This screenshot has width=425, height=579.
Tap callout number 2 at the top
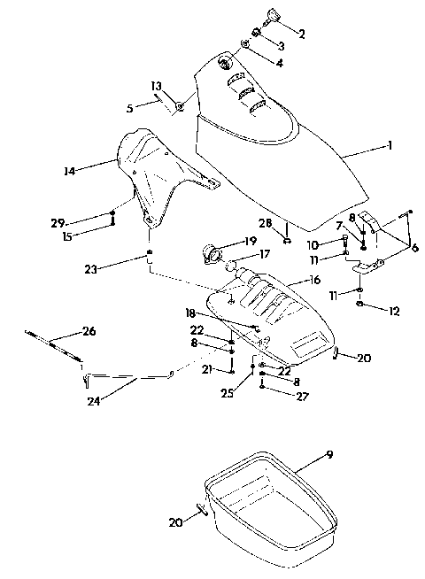click(302, 35)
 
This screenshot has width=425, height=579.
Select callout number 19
click(251, 240)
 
